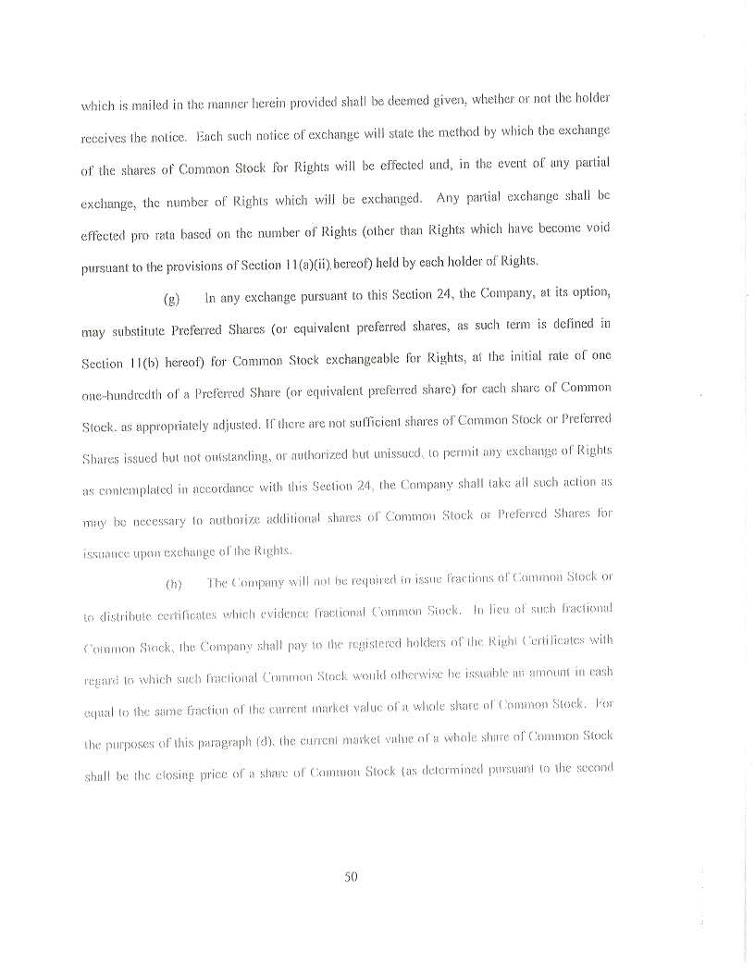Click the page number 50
click(351, 877)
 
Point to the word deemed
click(396, 99)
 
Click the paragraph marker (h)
click(172, 585)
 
